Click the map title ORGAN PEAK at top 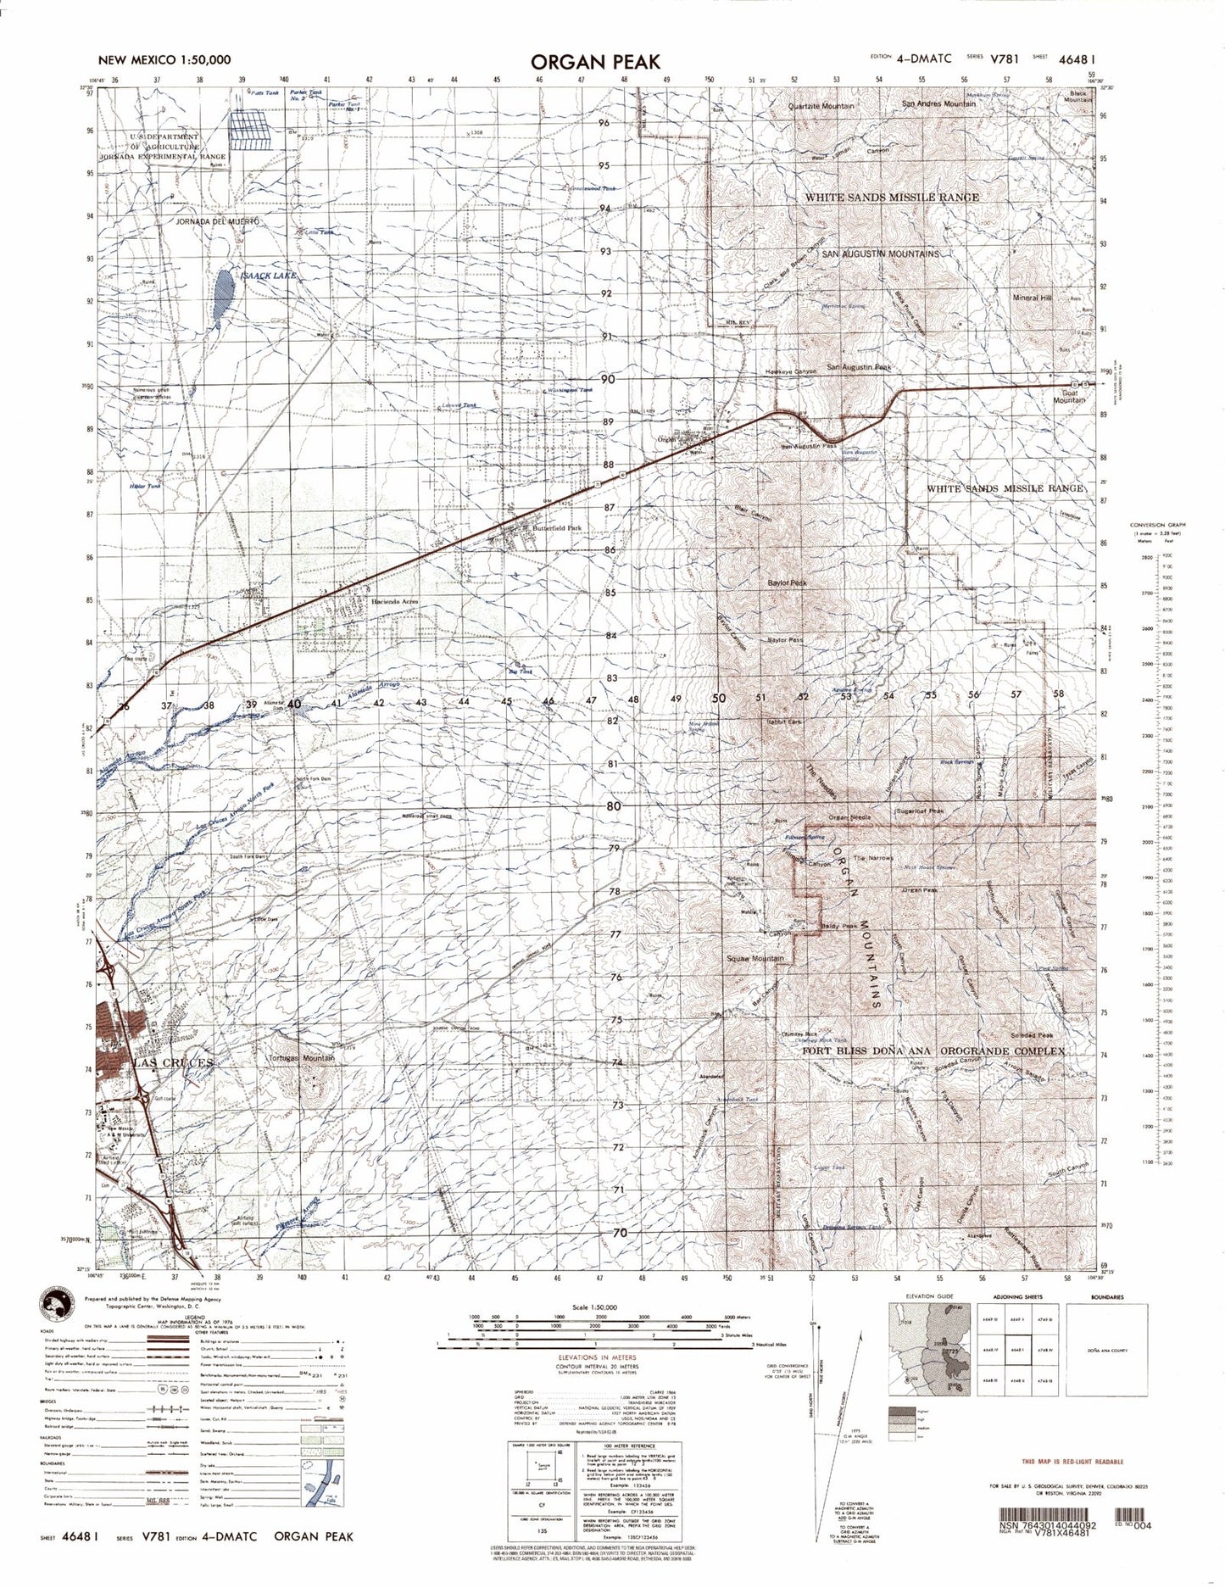[595, 62]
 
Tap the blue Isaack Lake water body [222, 293]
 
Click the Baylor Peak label [788, 583]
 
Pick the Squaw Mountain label [755, 958]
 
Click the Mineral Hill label [1032, 298]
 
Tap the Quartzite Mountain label [821, 106]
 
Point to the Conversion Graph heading [1158, 526]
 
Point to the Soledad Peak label [1031, 1036]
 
